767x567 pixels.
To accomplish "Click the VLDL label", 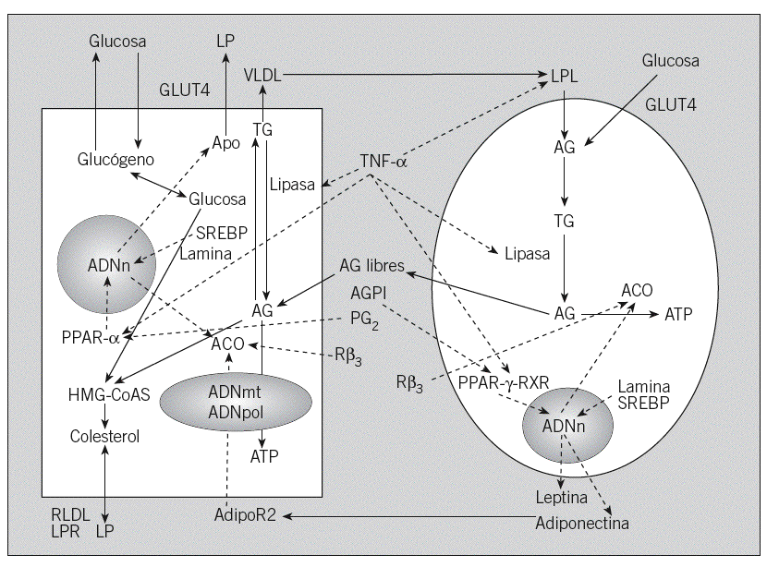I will click(x=262, y=75).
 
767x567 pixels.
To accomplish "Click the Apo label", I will click(x=225, y=143).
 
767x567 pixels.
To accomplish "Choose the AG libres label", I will click(x=371, y=266).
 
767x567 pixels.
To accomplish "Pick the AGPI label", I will click(x=370, y=293).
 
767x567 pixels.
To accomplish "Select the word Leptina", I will click(x=562, y=499).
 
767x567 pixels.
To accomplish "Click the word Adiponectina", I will click(x=582, y=523).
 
